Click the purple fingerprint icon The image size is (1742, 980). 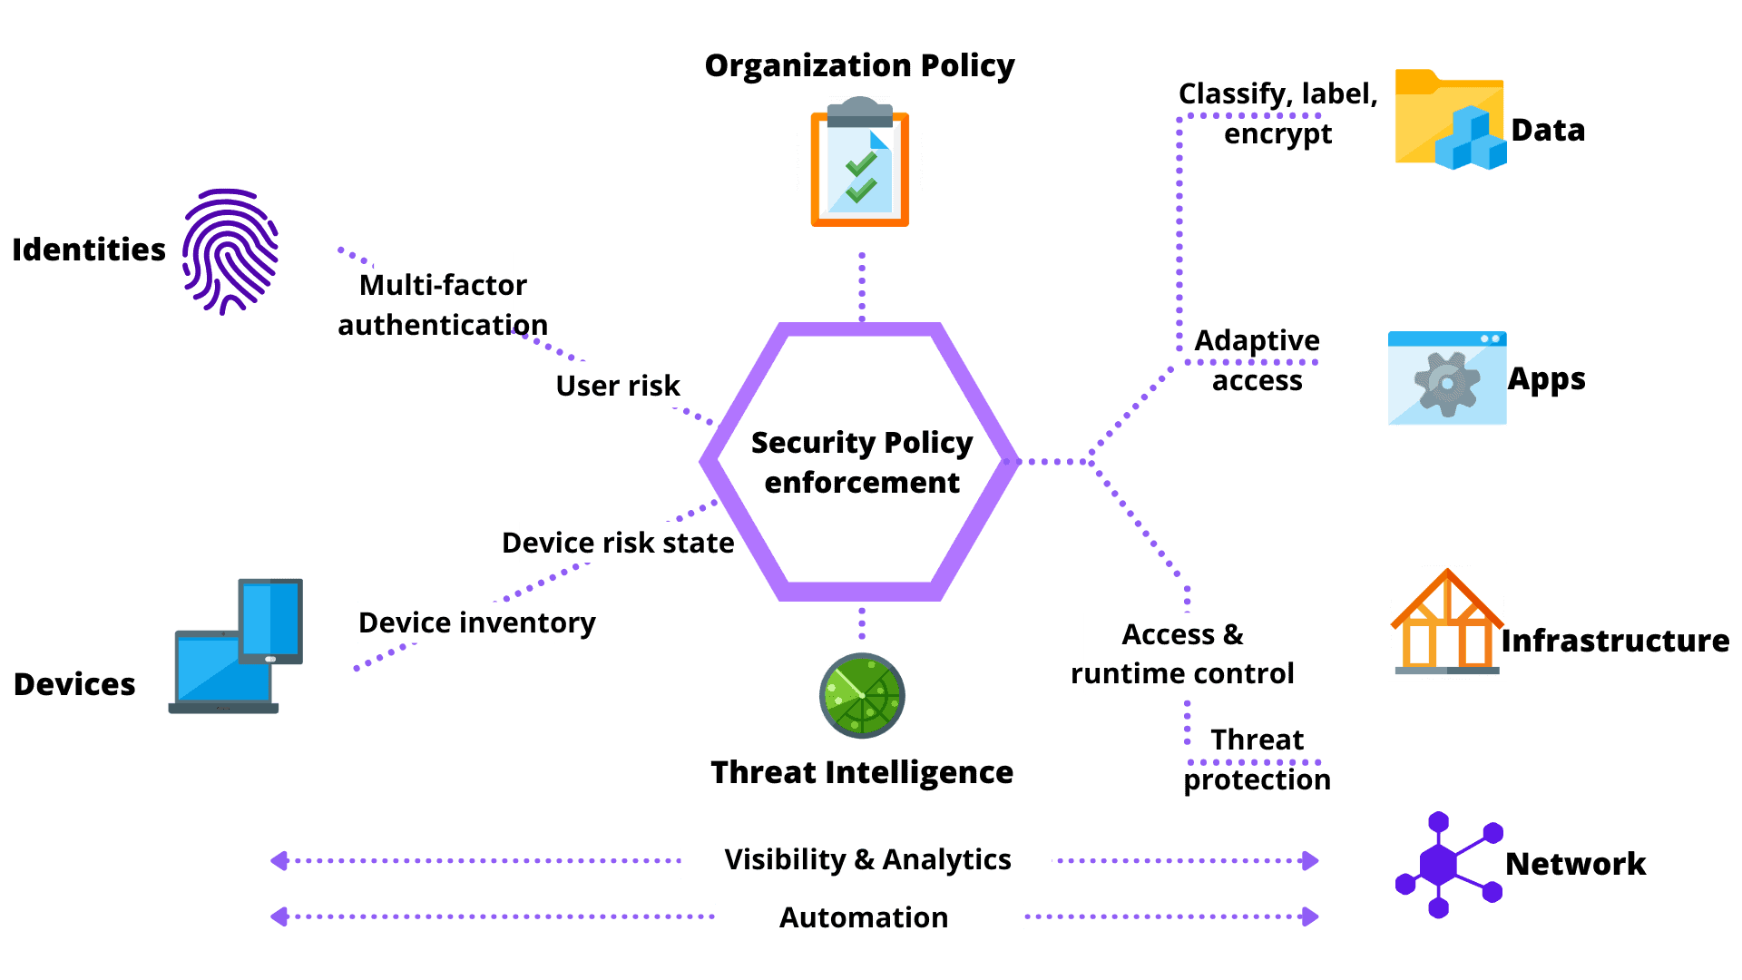230,250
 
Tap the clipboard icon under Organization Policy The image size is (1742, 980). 859,162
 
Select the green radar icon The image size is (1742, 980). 862,695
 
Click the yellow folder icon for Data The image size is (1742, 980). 1449,120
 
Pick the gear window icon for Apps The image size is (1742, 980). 1447,378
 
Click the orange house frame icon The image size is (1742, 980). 1447,622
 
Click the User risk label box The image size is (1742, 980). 637,385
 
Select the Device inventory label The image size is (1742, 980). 457,622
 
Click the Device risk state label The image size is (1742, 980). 618,543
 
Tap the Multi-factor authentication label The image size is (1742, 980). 443,304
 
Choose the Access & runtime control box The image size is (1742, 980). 1182,653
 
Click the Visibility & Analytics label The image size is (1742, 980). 866,860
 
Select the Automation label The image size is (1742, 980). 868,916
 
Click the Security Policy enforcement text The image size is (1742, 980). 861,462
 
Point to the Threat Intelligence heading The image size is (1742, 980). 861,772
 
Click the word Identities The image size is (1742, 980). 89,250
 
